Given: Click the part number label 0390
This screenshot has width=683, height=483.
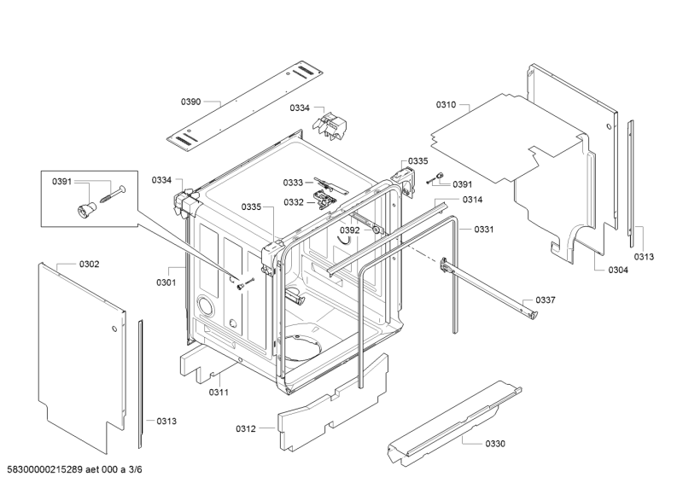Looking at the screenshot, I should [190, 102].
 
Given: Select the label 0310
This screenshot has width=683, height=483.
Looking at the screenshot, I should [446, 105].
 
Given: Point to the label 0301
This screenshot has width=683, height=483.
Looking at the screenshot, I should [166, 282].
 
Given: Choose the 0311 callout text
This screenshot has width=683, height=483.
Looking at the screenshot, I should [219, 393].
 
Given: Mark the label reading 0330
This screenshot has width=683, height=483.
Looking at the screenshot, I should [495, 444].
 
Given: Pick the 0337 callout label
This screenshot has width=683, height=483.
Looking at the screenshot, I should [546, 300].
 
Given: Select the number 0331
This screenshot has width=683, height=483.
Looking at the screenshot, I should [484, 229].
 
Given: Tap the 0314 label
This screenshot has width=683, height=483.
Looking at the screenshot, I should [472, 200].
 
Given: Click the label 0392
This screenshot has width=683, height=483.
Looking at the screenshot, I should [350, 230].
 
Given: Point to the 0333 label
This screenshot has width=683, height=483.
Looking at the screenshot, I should [293, 183].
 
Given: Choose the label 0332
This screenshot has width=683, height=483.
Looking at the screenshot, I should [293, 202].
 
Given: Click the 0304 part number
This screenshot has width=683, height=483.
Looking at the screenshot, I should [618, 271].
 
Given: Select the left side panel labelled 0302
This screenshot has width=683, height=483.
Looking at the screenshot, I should [81, 358].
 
